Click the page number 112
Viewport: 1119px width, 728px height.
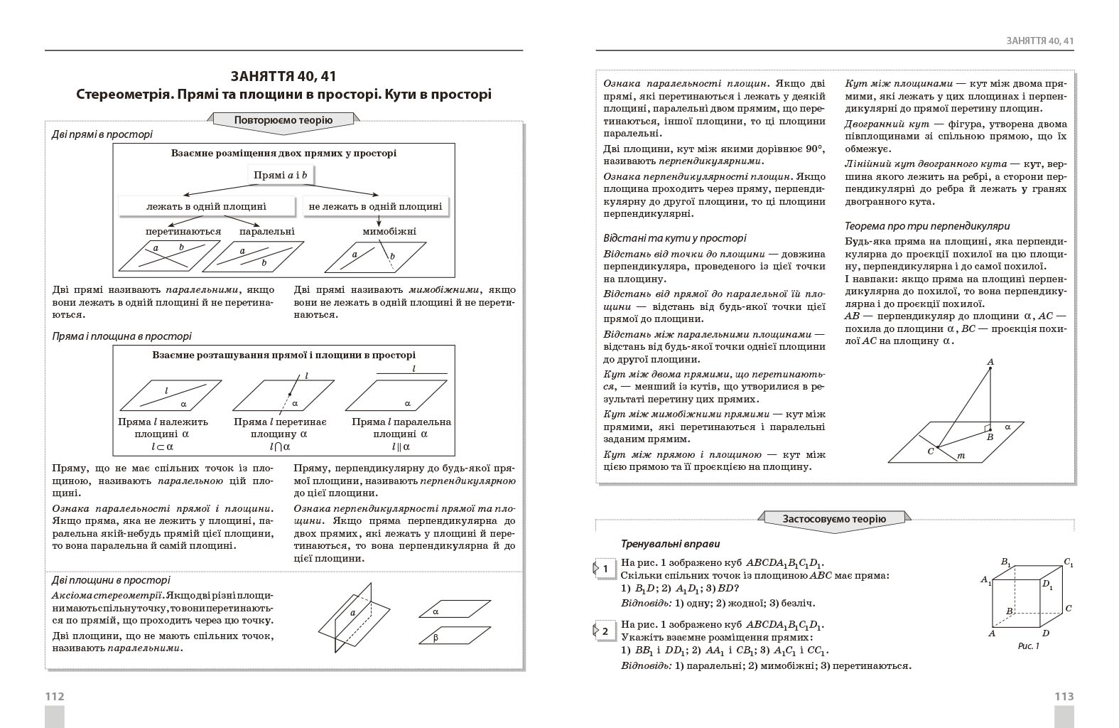click(x=55, y=697)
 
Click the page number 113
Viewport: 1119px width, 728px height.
click(x=1064, y=697)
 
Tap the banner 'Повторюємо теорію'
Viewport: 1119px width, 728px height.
click(x=283, y=120)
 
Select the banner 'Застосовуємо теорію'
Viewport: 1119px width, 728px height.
click(x=834, y=518)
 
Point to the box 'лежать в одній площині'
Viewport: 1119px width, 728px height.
click(x=206, y=206)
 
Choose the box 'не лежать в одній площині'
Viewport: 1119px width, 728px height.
click(x=375, y=206)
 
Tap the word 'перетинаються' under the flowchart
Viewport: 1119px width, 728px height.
click(x=183, y=231)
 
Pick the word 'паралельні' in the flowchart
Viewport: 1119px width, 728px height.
click(x=266, y=231)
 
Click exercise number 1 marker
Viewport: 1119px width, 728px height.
click(x=605, y=569)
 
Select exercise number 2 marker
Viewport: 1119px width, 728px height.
click(x=605, y=631)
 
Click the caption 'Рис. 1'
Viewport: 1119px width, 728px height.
click(x=1028, y=646)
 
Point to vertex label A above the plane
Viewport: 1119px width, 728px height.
click(x=990, y=362)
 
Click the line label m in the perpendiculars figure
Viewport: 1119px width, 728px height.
click(x=961, y=456)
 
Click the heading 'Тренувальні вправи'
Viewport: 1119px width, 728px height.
click(x=671, y=544)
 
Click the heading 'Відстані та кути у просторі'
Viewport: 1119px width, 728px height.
click(x=675, y=238)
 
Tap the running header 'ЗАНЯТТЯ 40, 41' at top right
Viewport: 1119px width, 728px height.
click(x=1039, y=41)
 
